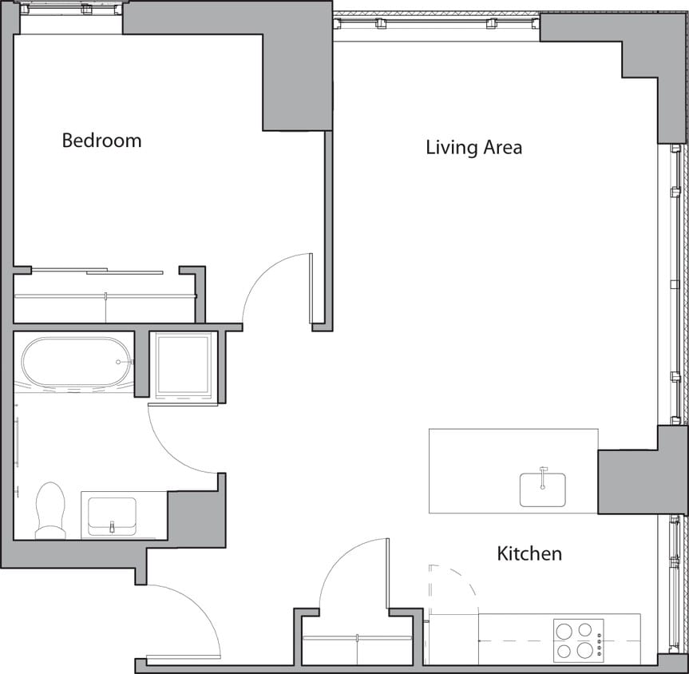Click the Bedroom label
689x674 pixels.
click(101, 141)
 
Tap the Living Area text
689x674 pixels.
click(473, 147)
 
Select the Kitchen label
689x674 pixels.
click(529, 553)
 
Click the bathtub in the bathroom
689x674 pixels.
click(77, 362)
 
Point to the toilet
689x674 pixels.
click(51, 511)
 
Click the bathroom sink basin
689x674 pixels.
click(112, 515)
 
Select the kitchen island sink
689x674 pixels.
click(543, 489)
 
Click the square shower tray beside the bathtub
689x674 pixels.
click(184, 365)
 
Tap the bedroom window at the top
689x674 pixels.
click(70, 10)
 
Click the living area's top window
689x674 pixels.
click(437, 24)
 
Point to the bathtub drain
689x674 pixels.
click(120, 362)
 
